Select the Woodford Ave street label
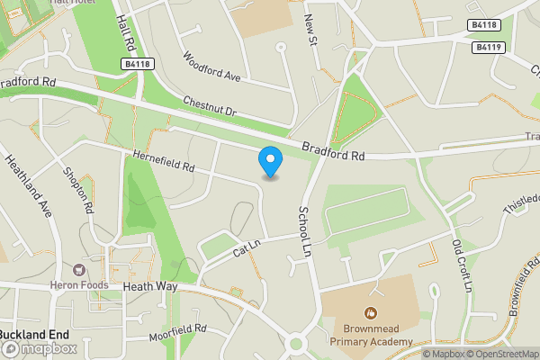[x=212, y=67]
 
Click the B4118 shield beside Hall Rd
[x=136, y=64]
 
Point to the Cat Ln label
[x=246, y=247]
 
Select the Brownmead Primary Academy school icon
[x=370, y=312]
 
